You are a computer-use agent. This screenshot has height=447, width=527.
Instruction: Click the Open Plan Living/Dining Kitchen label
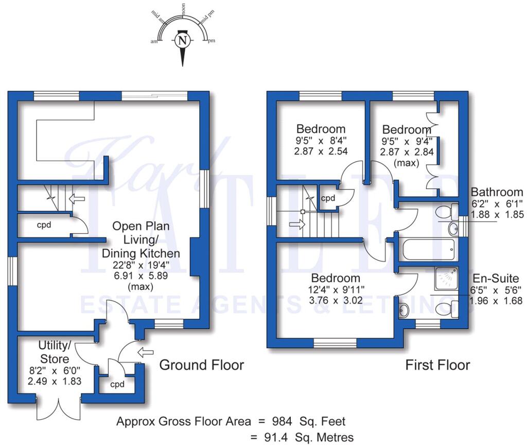[141, 239]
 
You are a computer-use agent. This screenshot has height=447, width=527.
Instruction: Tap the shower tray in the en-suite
[450, 280]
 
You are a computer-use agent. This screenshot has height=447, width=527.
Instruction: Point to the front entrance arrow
[146, 353]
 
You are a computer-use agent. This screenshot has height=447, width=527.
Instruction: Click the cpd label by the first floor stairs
[328, 198]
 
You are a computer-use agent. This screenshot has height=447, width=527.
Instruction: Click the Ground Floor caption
[201, 365]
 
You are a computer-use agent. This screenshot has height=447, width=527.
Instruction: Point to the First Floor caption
[437, 365]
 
